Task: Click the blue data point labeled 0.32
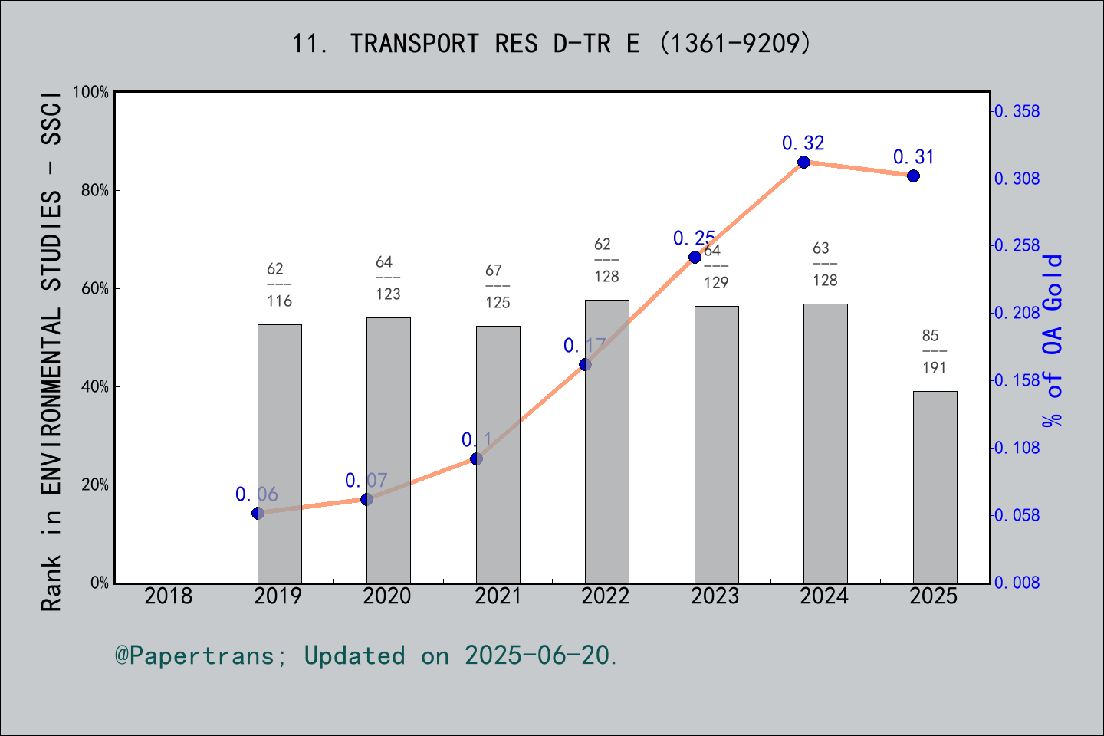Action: (803, 162)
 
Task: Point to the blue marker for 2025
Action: (913, 176)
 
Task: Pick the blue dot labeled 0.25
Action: (695, 257)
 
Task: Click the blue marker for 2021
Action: (476, 458)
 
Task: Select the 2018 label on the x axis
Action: (169, 596)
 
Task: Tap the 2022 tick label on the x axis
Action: (606, 596)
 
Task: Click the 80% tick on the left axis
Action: (95, 190)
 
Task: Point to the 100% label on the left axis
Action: (91, 92)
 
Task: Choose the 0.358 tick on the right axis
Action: (1017, 111)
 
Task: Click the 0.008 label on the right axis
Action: (1017, 583)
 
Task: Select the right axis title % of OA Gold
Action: (1053, 340)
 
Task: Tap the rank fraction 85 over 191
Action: (934, 351)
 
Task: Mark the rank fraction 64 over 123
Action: (388, 278)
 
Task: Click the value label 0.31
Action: (913, 157)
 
